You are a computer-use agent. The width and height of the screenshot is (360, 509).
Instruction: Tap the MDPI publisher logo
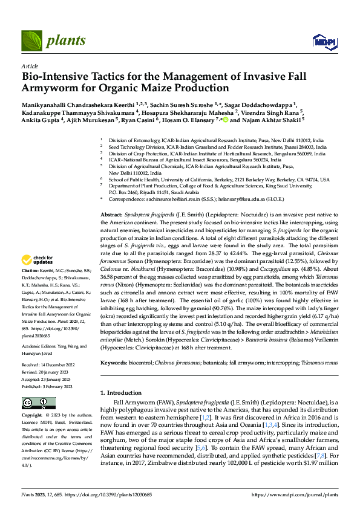pos(321,41)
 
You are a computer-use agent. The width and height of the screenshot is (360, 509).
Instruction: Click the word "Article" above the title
pos(29,65)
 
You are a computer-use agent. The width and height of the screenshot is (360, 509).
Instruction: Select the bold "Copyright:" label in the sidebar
pos(33,416)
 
